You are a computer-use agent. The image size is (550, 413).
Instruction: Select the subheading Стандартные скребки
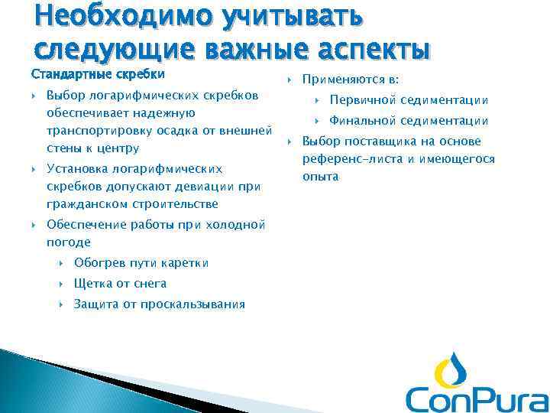tap(97, 75)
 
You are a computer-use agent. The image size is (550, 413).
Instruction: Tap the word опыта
tap(320, 177)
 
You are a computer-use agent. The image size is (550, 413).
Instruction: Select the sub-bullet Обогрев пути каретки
tap(141, 263)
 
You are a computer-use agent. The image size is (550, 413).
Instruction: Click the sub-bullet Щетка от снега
tap(120, 284)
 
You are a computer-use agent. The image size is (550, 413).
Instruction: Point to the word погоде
tap(68, 242)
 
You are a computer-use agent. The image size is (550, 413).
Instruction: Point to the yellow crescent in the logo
tap(441, 374)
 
